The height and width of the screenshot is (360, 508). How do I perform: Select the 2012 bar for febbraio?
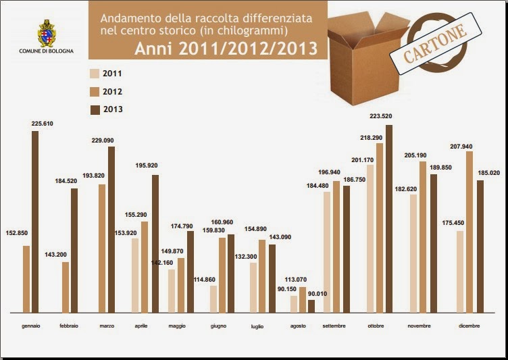coord(66,287)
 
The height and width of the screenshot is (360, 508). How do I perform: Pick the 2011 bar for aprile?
coord(135,275)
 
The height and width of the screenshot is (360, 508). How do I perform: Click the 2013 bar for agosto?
coord(311,306)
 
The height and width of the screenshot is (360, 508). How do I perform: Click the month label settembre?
coord(334,326)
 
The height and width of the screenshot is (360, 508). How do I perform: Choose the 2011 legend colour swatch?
coord(95,74)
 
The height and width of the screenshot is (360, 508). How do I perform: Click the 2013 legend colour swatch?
coord(95,109)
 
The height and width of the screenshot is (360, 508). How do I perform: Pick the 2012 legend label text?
coord(113,92)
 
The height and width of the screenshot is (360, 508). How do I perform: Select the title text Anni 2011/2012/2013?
coord(226,49)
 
